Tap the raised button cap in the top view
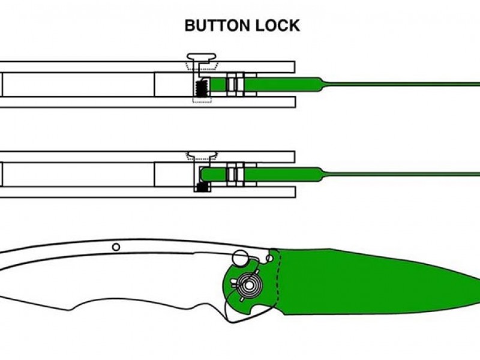pyautogui.click(x=202, y=56)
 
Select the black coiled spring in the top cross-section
pyautogui.click(x=202, y=88)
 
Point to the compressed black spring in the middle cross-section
pyautogui.click(x=202, y=187)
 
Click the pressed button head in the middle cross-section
pyautogui.click(x=202, y=154)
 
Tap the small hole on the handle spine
pyautogui.click(x=116, y=247)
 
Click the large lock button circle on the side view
pyautogui.click(x=241, y=257)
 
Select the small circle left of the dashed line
pyautogui.click(x=269, y=259)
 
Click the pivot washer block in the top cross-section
pyautogui.click(x=235, y=85)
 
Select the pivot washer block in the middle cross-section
pyautogui.click(x=235, y=174)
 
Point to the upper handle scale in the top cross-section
pyautogui.click(x=147, y=67)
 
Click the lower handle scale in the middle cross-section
pyautogui.click(x=148, y=192)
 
